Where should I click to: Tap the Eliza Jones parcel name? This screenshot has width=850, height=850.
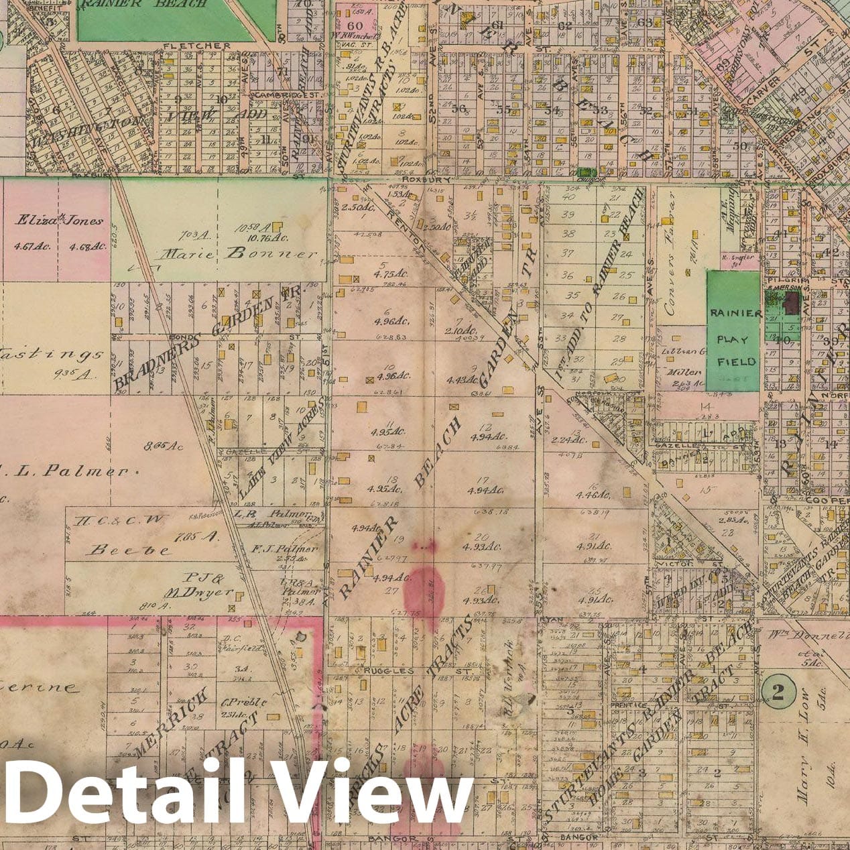pyautogui.click(x=60, y=220)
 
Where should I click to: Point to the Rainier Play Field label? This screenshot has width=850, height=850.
pyautogui.click(x=735, y=337)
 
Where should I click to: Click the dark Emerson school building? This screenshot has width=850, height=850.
pyautogui.click(x=793, y=302)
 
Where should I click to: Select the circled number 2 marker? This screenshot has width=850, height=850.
pyautogui.click(x=778, y=693)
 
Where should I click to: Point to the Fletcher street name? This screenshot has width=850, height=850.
pyautogui.click(x=196, y=46)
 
